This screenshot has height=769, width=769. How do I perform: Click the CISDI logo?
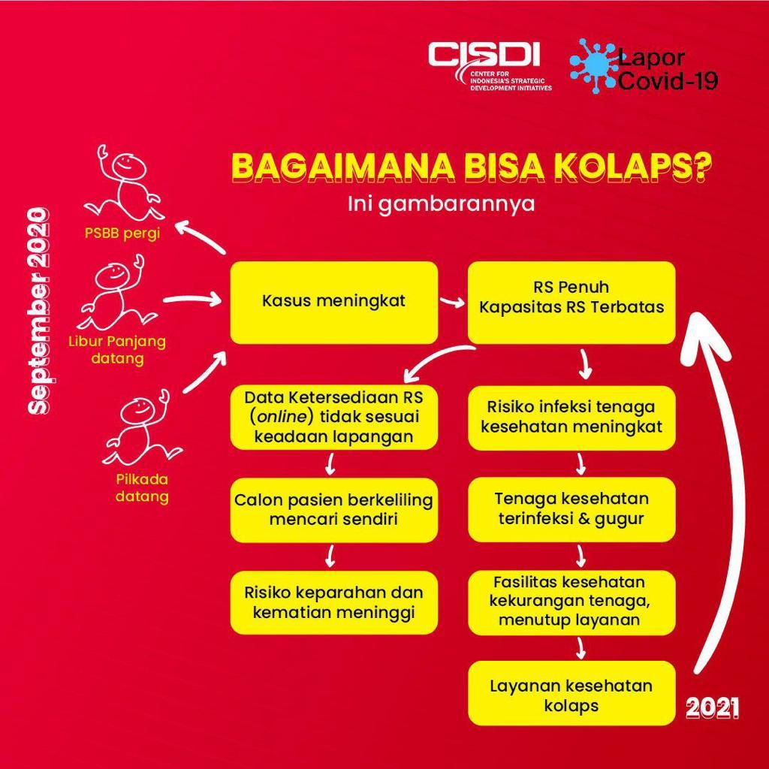coord(490,65)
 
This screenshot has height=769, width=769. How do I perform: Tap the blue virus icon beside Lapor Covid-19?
coord(593,66)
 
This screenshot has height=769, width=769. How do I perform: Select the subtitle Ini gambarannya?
coord(442,204)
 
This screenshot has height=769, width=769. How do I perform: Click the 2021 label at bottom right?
coord(712,707)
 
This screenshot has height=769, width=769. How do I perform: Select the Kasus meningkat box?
coord(333,302)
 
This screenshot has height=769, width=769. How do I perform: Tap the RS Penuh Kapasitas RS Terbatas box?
coord(571,298)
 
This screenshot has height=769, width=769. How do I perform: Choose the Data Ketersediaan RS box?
coord(333,417)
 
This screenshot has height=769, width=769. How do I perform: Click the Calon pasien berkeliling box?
coord(333,509)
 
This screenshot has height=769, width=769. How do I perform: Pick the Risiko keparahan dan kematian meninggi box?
coord(333,602)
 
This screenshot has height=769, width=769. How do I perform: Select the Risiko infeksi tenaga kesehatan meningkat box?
coord(571,417)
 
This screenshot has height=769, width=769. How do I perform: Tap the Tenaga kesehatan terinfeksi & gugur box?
coord(571,509)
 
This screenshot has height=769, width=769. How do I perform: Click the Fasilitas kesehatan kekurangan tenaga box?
coord(571,601)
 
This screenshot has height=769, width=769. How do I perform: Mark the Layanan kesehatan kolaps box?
coord(571,695)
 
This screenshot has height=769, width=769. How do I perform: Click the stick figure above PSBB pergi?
coord(123,183)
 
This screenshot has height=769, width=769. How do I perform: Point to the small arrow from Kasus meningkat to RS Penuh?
coord(452,303)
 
